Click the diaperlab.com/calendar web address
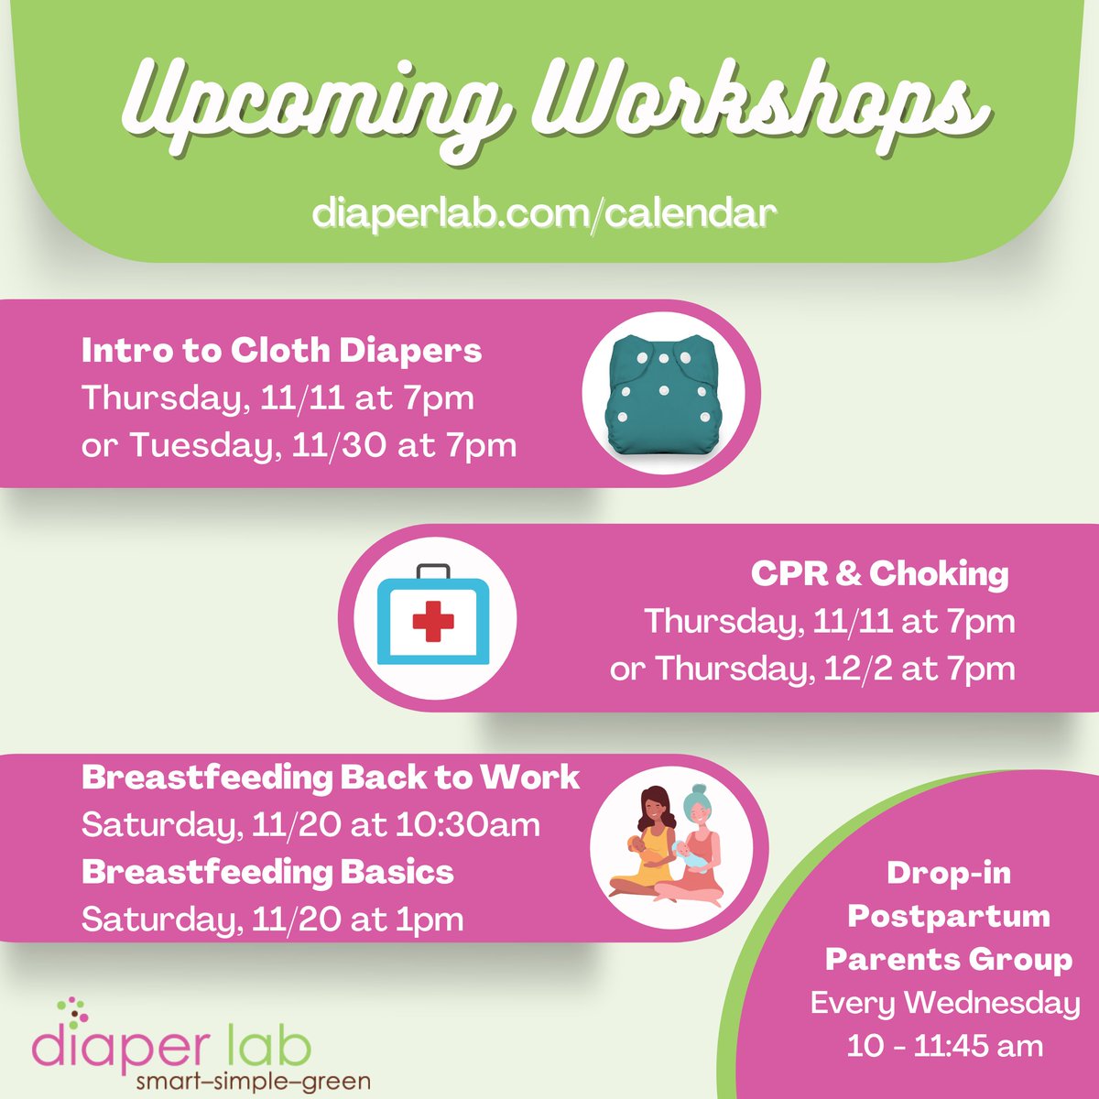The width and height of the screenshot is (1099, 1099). point(544,213)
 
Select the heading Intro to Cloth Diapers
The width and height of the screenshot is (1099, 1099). point(281,350)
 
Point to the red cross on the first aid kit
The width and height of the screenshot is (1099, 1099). point(433,622)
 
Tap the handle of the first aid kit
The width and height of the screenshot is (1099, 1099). point(433,573)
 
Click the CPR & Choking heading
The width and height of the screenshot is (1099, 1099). point(879,573)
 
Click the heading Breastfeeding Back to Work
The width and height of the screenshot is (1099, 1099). point(331,778)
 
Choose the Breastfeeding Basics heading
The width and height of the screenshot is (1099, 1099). point(267,872)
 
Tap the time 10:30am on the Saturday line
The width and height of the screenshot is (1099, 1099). point(467,825)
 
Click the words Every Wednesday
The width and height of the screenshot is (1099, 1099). point(945,1003)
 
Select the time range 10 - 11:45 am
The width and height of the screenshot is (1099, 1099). point(945,1045)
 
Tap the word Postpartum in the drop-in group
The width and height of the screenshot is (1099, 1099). point(949,916)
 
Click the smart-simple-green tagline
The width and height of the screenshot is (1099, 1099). point(253,1082)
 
